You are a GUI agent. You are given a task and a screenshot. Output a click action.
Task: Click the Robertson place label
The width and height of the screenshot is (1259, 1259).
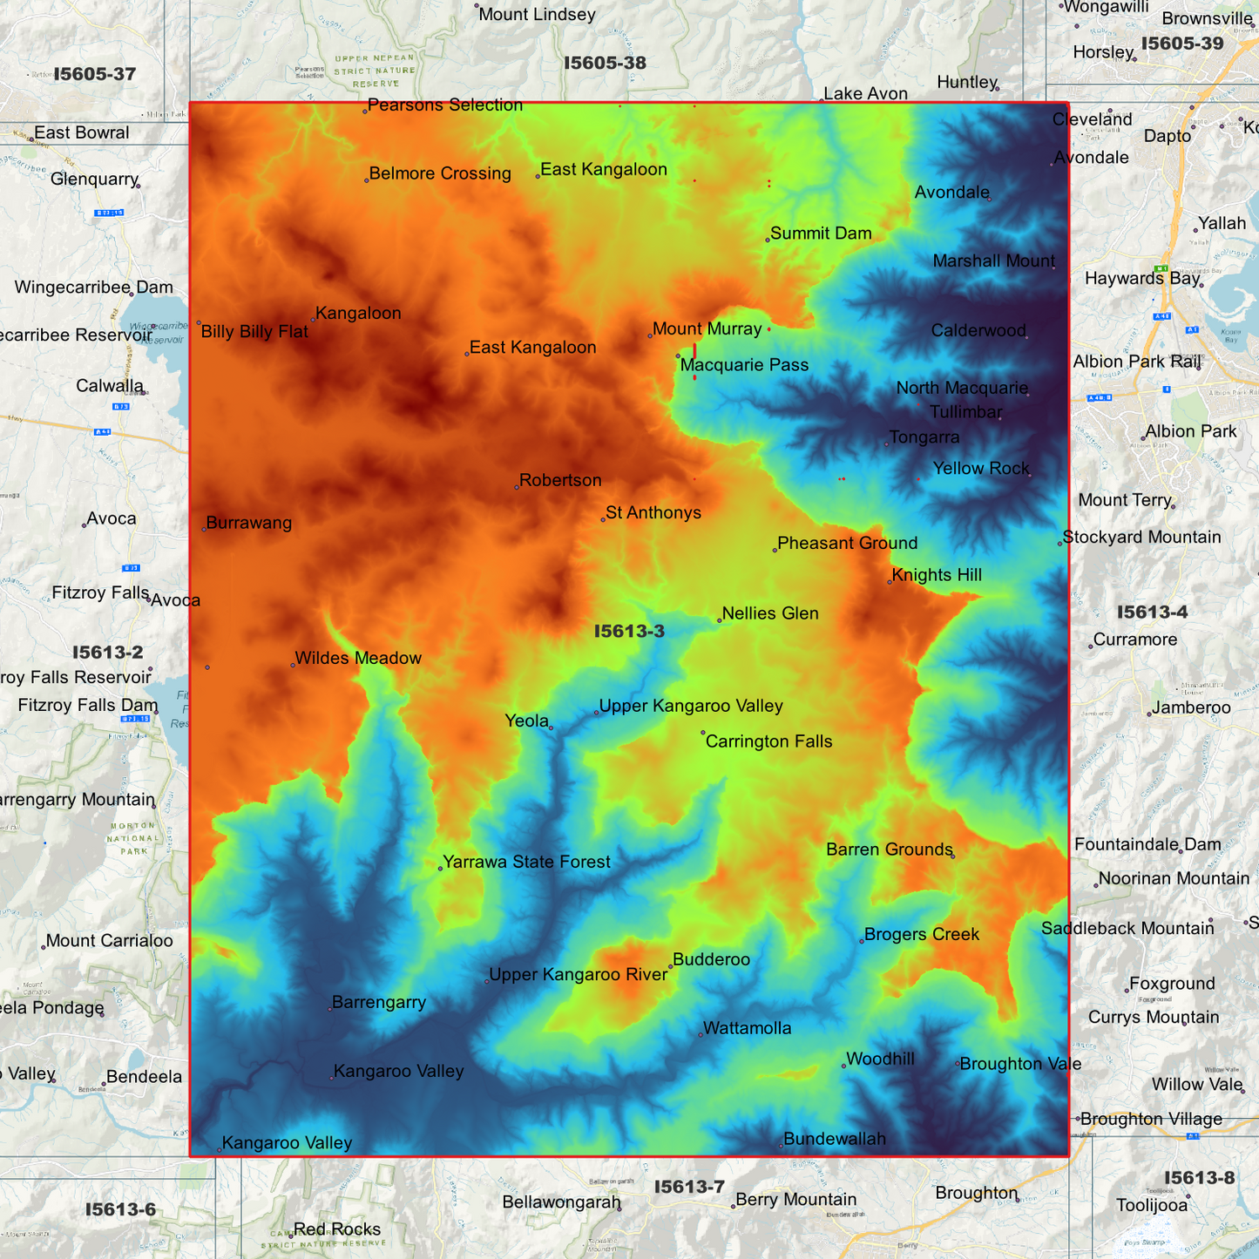[560, 480]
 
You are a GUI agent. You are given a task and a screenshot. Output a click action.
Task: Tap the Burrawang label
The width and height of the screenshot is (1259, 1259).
[249, 523]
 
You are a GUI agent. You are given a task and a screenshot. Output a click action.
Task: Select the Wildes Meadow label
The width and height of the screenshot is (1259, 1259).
[358, 658]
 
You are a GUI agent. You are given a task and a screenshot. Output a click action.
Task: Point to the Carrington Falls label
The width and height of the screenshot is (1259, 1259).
[768, 741]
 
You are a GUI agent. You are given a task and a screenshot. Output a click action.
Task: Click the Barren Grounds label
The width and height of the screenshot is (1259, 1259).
[890, 849]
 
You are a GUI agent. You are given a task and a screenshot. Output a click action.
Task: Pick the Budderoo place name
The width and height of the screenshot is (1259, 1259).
[711, 959]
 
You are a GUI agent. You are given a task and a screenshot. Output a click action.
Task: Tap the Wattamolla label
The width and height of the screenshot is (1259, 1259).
[747, 1028]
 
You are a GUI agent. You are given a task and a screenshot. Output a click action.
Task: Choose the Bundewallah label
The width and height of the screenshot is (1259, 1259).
[834, 1139]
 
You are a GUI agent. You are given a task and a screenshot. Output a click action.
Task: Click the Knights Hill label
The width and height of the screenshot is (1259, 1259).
[937, 575]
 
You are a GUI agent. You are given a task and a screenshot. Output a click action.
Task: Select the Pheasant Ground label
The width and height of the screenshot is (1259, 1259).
[847, 543]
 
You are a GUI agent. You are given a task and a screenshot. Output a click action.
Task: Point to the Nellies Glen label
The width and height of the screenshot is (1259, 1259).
[770, 613]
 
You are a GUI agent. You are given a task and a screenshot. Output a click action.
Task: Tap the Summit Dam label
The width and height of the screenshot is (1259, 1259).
[821, 234]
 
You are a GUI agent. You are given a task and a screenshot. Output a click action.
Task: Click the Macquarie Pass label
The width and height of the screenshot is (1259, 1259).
[744, 365]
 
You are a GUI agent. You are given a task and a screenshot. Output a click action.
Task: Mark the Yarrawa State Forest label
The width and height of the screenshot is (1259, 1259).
[526, 862]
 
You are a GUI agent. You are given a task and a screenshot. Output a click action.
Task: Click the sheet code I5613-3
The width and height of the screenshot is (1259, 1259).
[629, 632]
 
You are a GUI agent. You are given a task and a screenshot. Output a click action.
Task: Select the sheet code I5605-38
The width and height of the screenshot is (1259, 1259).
[605, 63]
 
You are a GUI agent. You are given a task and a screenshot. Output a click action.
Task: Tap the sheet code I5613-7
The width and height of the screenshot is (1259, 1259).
[689, 1187]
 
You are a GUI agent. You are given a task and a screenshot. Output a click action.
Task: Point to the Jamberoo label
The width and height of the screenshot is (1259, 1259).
[1191, 707]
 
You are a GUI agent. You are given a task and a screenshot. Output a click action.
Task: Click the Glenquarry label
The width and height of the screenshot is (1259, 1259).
[94, 179]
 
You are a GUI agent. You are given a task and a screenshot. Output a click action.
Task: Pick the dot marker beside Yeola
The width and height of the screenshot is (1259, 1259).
[552, 728]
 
